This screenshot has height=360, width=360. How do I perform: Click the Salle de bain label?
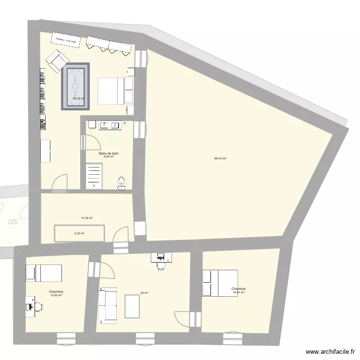click(x=108, y=154)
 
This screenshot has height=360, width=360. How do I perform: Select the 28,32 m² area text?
click(x=78, y=99)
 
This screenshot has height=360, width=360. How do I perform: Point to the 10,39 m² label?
click(x=86, y=218)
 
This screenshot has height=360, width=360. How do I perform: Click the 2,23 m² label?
click(x=79, y=233)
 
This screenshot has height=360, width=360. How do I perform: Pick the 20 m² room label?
click(x=144, y=293)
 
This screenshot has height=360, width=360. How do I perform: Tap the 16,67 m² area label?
click(x=239, y=292)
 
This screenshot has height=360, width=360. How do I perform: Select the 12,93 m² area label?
click(x=56, y=295)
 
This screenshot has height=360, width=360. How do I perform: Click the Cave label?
click(x=12, y=220)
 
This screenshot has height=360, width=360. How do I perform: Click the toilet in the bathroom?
click(x=121, y=181)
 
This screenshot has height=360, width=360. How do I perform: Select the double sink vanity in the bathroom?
click(x=110, y=125)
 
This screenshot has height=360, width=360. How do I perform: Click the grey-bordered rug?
click(x=75, y=86)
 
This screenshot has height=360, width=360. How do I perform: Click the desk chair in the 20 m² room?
click(x=161, y=265)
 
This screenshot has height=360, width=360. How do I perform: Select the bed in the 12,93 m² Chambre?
click(x=44, y=273)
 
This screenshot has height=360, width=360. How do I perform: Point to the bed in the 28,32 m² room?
click(x=116, y=90)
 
